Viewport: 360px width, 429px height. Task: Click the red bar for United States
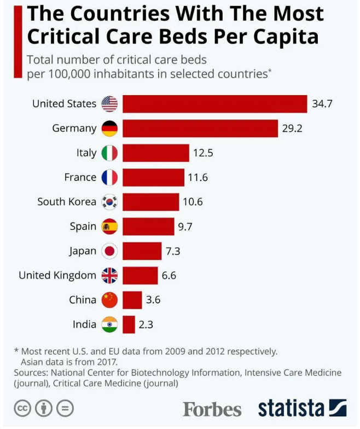(x=214, y=104)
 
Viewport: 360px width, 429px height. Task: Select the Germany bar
(x=200, y=129)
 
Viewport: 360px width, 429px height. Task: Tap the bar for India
(x=129, y=324)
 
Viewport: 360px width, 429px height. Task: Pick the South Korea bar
(x=150, y=202)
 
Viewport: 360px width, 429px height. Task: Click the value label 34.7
(x=322, y=104)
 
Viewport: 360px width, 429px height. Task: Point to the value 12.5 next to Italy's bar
(x=203, y=153)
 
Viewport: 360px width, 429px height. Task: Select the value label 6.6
(x=169, y=275)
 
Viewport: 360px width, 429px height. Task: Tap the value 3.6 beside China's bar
(x=153, y=300)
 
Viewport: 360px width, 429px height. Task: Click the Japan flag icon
(x=110, y=251)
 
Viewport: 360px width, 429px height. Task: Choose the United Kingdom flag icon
(x=110, y=275)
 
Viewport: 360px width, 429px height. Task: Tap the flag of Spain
(x=110, y=227)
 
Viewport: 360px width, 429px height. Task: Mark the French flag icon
(x=110, y=177)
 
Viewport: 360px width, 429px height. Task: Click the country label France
(x=80, y=177)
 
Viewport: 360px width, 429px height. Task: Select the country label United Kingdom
(x=57, y=275)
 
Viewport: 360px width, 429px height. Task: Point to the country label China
(x=83, y=300)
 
